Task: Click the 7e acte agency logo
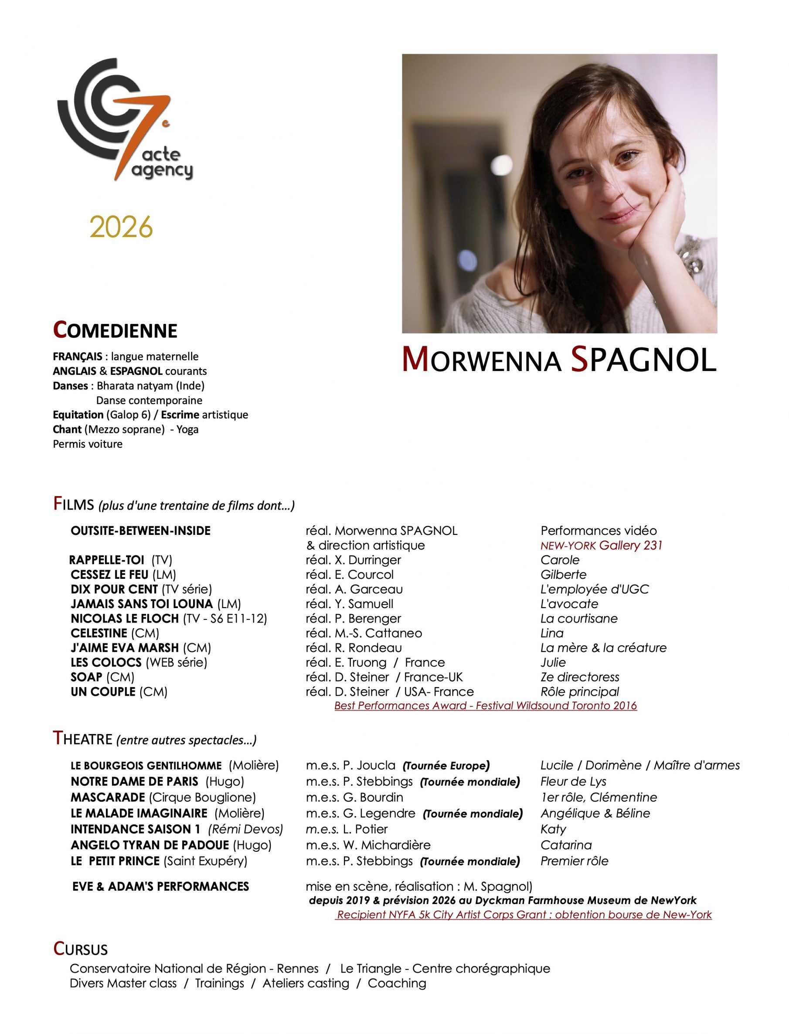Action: pyautogui.click(x=125, y=120)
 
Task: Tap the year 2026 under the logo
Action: pyautogui.click(x=121, y=227)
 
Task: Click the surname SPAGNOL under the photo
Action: pyautogui.click(x=643, y=360)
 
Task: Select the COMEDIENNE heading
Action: pyautogui.click(x=115, y=330)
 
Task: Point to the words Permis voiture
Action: pyautogui.click(x=88, y=444)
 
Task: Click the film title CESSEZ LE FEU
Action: pyautogui.click(x=109, y=574)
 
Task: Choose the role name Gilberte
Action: pyautogui.click(x=563, y=574)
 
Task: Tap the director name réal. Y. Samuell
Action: pyautogui.click(x=350, y=604)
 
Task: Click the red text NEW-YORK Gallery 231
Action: pyautogui.click(x=601, y=545)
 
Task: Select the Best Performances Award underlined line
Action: pyautogui.click(x=485, y=705)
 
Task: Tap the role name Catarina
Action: pyautogui.click(x=566, y=845)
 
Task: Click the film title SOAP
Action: pyautogui.click(x=86, y=677)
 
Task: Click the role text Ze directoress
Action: pyautogui.click(x=579, y=677)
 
